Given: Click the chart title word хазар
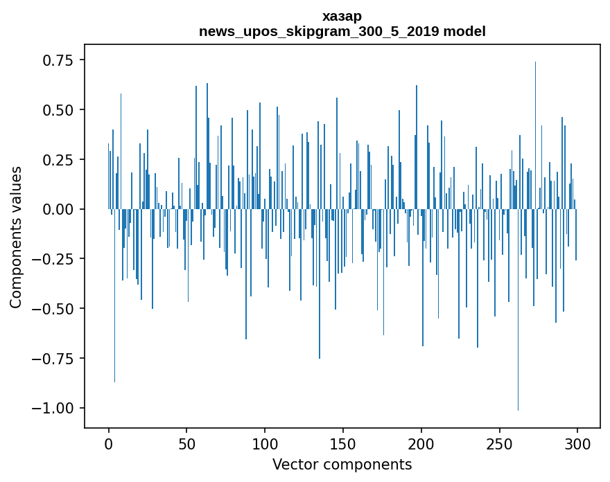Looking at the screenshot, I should click(342, 16).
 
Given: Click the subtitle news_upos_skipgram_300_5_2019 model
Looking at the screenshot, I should click(342, 31).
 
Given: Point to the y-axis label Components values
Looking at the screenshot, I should click(15, 237).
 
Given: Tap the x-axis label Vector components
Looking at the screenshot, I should click(342, 465).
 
